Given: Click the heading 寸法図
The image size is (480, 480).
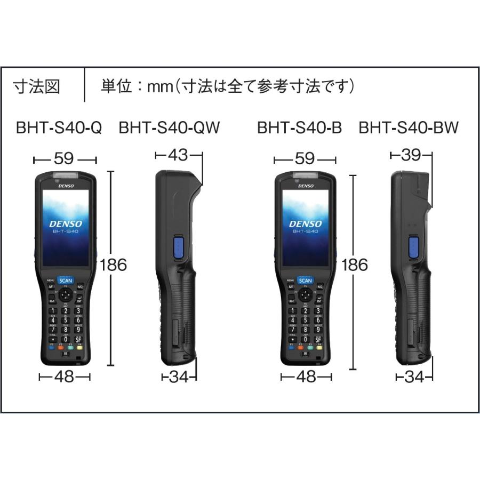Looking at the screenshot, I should coord(37,86).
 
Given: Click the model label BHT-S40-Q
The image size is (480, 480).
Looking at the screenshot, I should coord(59,128).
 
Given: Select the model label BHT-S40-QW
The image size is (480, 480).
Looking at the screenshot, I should coord(169,128).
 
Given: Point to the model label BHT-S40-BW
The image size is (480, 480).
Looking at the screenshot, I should coord(409,128).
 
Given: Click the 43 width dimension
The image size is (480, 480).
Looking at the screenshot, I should coord(178,155).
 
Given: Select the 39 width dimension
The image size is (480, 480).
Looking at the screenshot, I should coord(411,155).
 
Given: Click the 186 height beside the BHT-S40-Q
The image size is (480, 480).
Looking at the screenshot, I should coord(113,265).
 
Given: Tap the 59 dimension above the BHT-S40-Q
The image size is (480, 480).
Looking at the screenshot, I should coord(65,159).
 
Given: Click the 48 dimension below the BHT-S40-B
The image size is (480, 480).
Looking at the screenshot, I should coord(306,377).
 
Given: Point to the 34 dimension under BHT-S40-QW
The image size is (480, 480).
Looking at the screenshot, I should coord(180,377).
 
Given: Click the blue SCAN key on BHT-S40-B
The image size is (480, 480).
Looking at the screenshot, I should coord(306,281).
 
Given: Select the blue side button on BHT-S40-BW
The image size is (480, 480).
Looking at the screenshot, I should coord(413,247).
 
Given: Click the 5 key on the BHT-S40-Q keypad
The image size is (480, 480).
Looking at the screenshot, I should coord(65,320).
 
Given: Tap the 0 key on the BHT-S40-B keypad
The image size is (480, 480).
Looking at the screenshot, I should coord(306,339).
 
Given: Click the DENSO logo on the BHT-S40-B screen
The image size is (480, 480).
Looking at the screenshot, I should coord(306,223).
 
